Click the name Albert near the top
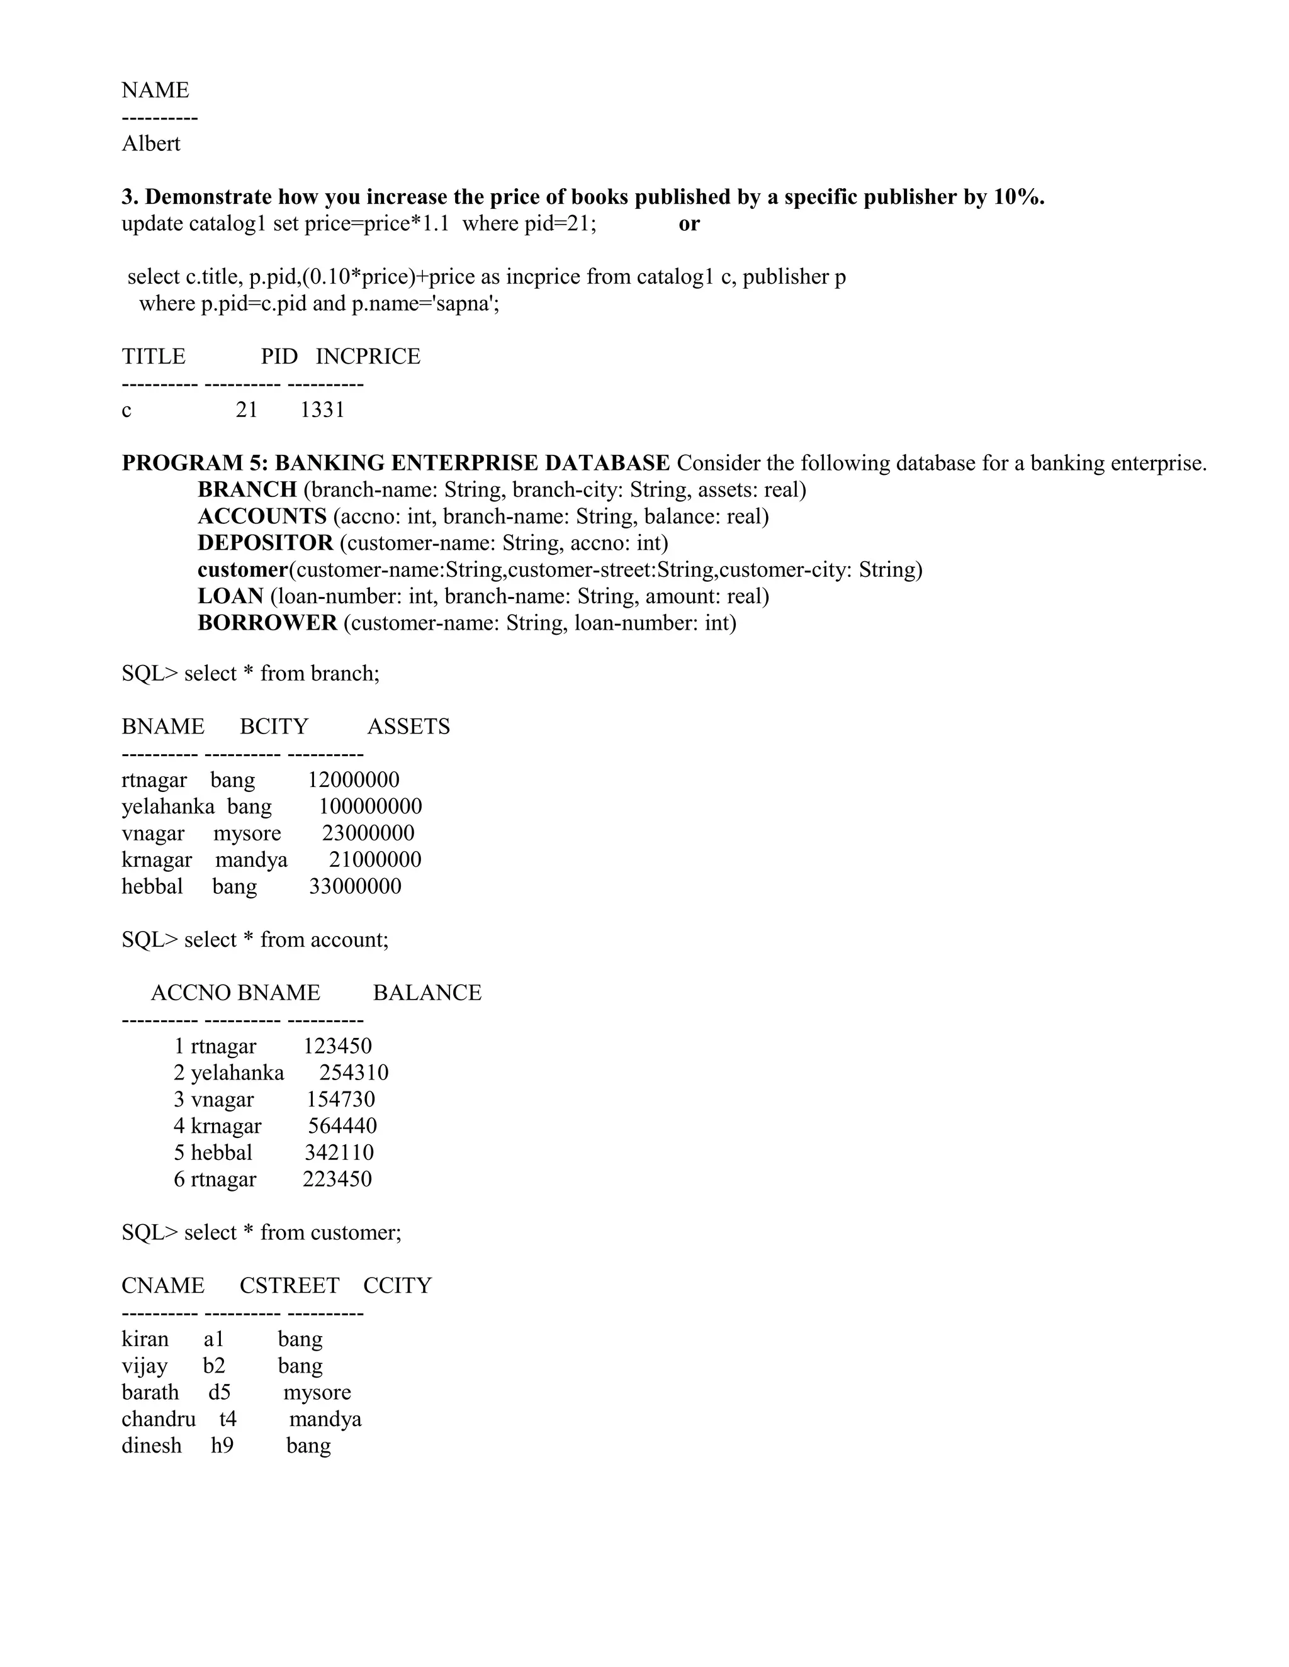tap(150, 143)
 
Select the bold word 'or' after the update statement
tap(689, 224)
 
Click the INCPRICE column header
tap(368, 357)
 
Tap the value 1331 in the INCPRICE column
tap(322, 410)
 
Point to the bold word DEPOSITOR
tap(265, 543)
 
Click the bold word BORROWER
tap(267, 623)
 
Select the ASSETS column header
tap(408, 726)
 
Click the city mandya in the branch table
tap(251, 859)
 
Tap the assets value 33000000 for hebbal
tap(355, 886)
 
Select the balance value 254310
tap(354, 1073)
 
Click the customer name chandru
tap(158, 1419)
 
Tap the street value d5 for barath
tap(219, 1392)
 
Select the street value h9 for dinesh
tap(222, 1446)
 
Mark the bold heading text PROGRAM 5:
tap(194, 464)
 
